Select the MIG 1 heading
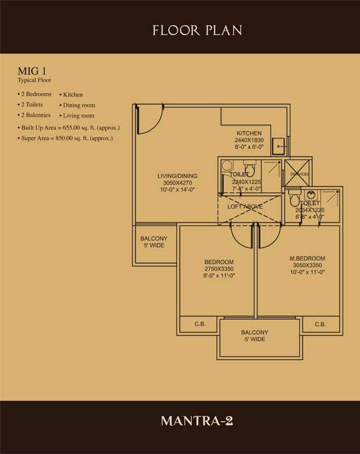coord(30,72)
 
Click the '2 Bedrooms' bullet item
coord(36,94)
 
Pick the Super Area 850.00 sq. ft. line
coord(66,138)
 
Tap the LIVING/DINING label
coord(177,176)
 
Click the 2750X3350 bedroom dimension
coord(219,269)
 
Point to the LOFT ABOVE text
coord(245,207)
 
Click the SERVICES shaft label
coord(299,174)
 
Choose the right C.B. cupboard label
coord(320,325)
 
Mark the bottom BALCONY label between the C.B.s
coord(254,333)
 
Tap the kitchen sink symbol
coord(279,147)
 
